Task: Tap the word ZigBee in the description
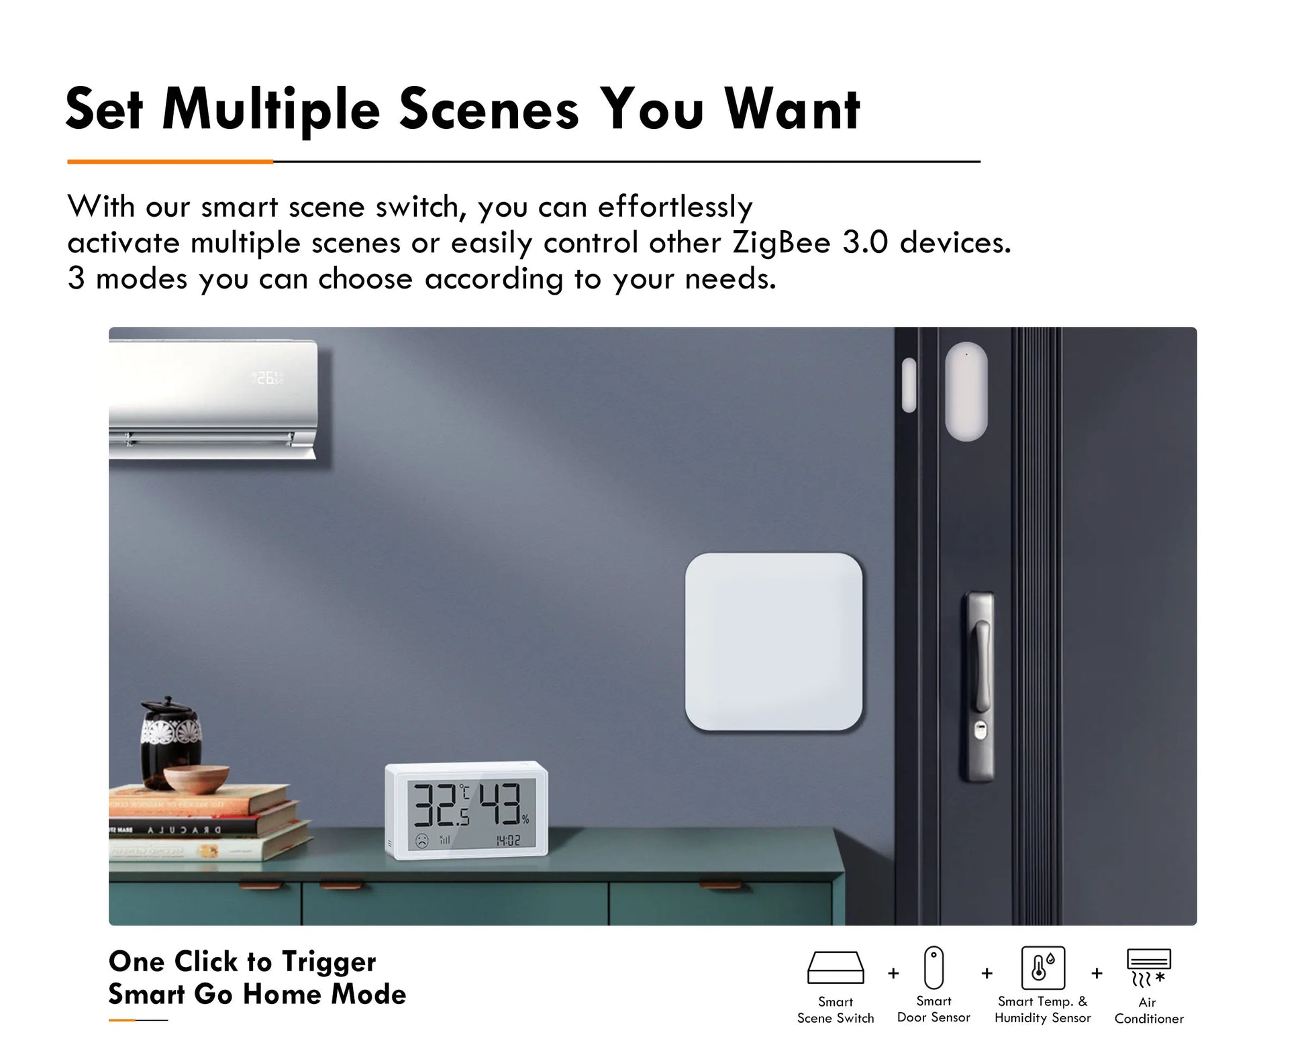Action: (781, 242)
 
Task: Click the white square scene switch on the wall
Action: (773, 642)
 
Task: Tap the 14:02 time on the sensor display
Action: (508, 840)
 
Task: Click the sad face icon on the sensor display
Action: (421, 840)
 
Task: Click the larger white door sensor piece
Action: (966, 391)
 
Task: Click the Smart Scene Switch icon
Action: (836, 968)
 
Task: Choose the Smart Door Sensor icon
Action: (934, 968)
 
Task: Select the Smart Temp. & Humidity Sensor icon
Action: (1042, 968)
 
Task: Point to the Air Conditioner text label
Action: (1148, 1011)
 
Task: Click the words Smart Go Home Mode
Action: (257, 994)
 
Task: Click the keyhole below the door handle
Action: (979, 730)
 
